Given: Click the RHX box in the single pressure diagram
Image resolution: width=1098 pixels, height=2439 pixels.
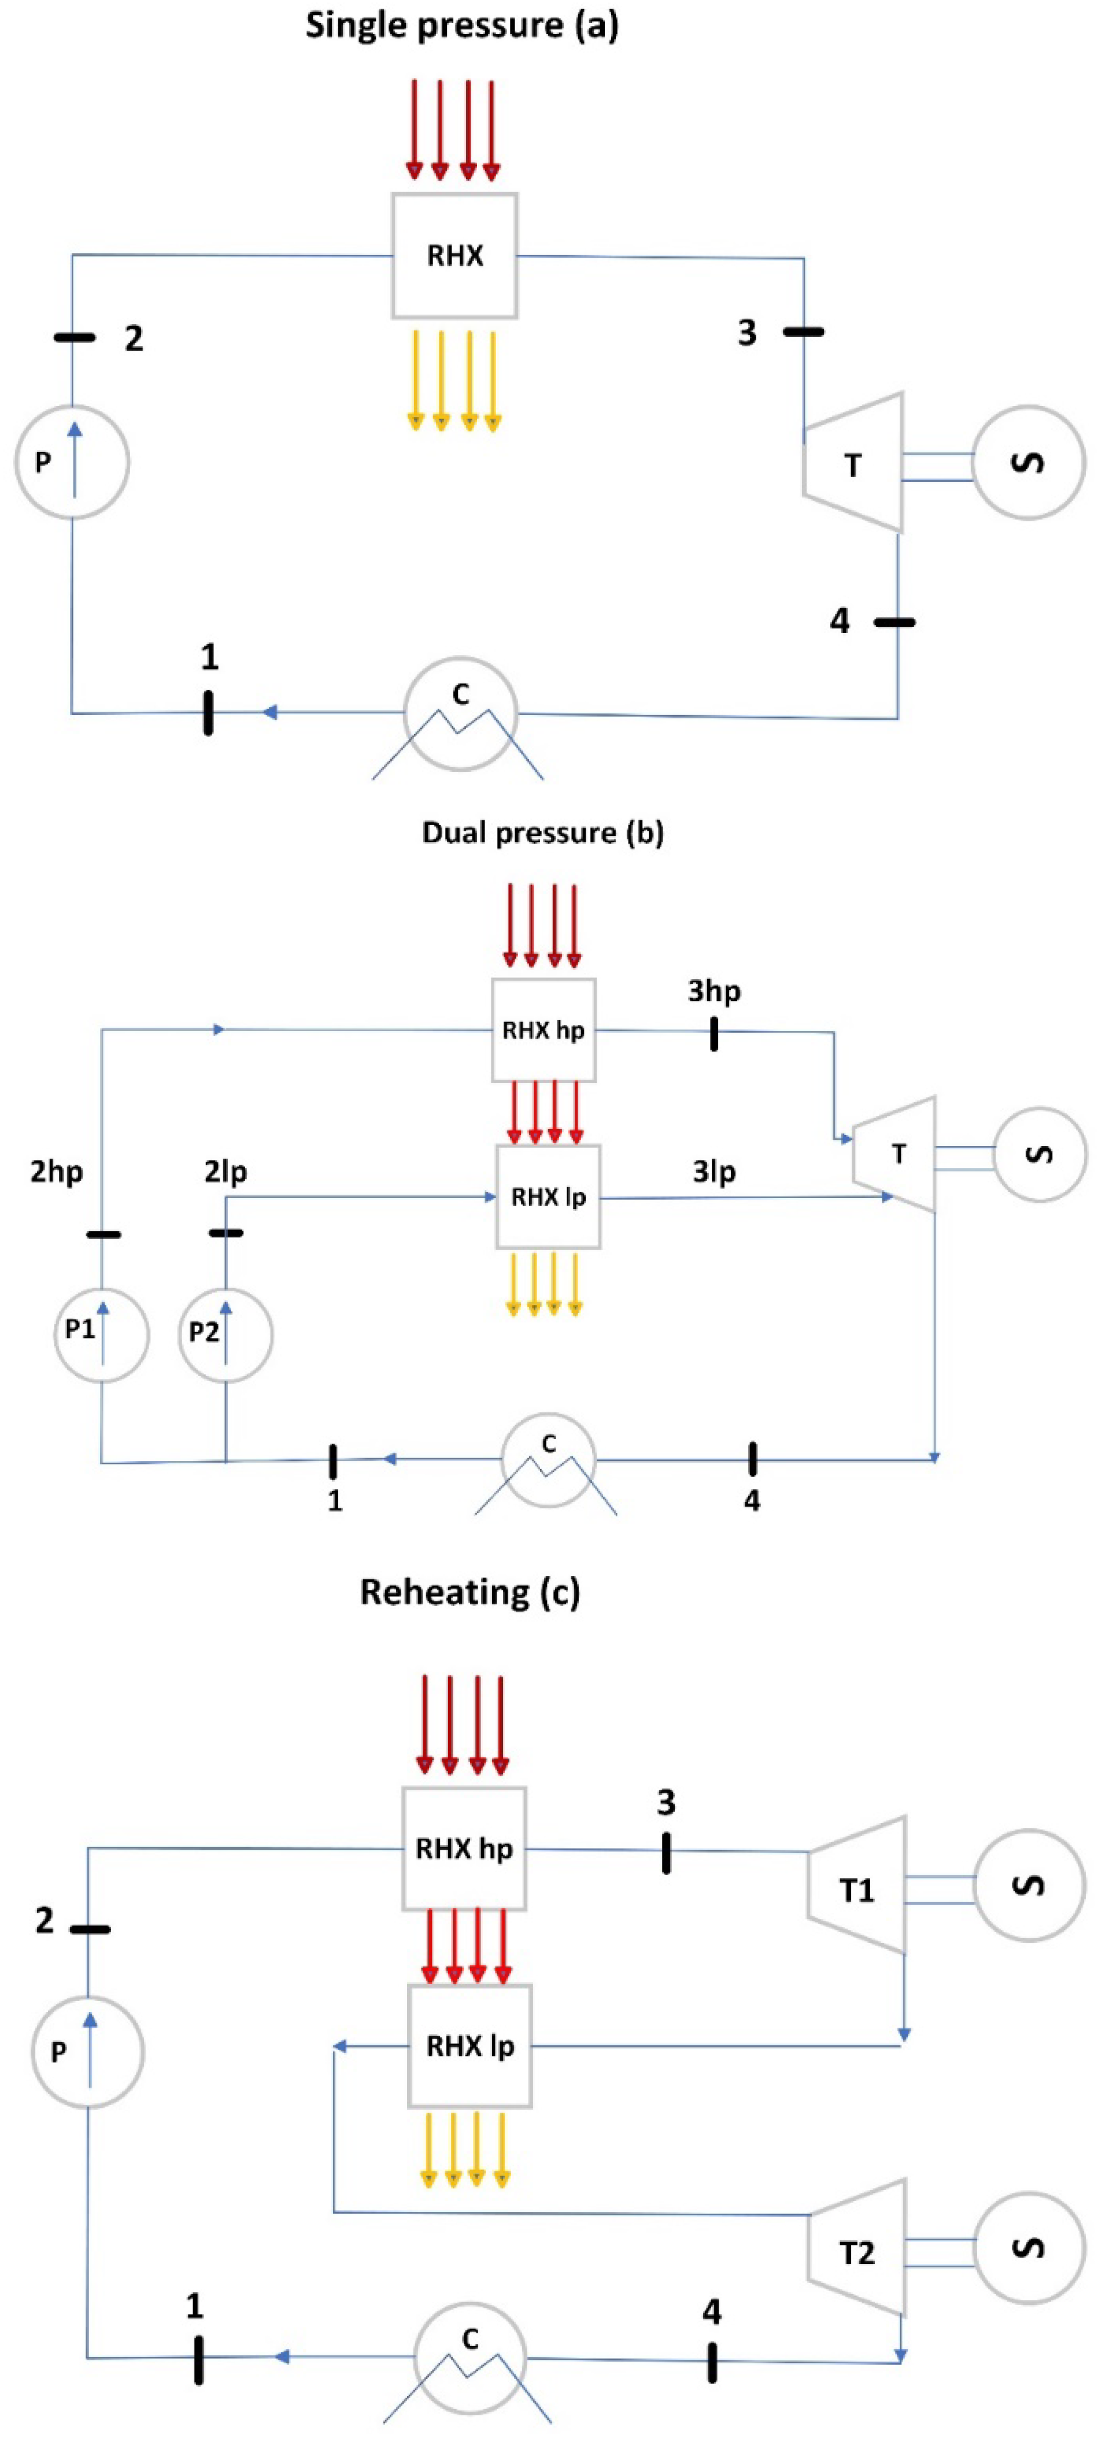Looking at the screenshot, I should pyautogui.click(x=454, y=256).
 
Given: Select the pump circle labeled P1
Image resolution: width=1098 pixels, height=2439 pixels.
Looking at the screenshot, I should pyautogui.click(x=101, y=1334).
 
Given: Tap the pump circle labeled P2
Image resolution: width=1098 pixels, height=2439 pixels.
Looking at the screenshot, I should pyautogui.click(x=225, y=1334).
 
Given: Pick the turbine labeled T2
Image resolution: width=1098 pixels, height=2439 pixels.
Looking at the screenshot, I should pyautogui.click(x=856, y=2251).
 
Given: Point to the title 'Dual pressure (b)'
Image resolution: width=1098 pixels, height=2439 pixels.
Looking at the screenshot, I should pyautogui.click(x=543, y=833).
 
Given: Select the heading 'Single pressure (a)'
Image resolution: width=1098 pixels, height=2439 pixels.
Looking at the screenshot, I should pyautogui.click(x=461, y=25).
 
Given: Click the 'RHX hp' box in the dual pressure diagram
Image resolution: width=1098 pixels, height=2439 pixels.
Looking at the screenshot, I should pyautogui.click(x=543, y=1030).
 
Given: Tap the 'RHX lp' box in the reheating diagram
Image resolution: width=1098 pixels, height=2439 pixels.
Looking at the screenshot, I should pyautogui.click(x=470, y=2046).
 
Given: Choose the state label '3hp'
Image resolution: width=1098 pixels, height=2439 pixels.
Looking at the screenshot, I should pyautogui.click(x=714, y=991).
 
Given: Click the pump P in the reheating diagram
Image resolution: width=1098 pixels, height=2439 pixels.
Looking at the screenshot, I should pyautogui.click(x=87, y=2052).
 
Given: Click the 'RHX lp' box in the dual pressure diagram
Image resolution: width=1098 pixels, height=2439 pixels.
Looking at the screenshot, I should pyautogui.click(x=548, y=1198).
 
